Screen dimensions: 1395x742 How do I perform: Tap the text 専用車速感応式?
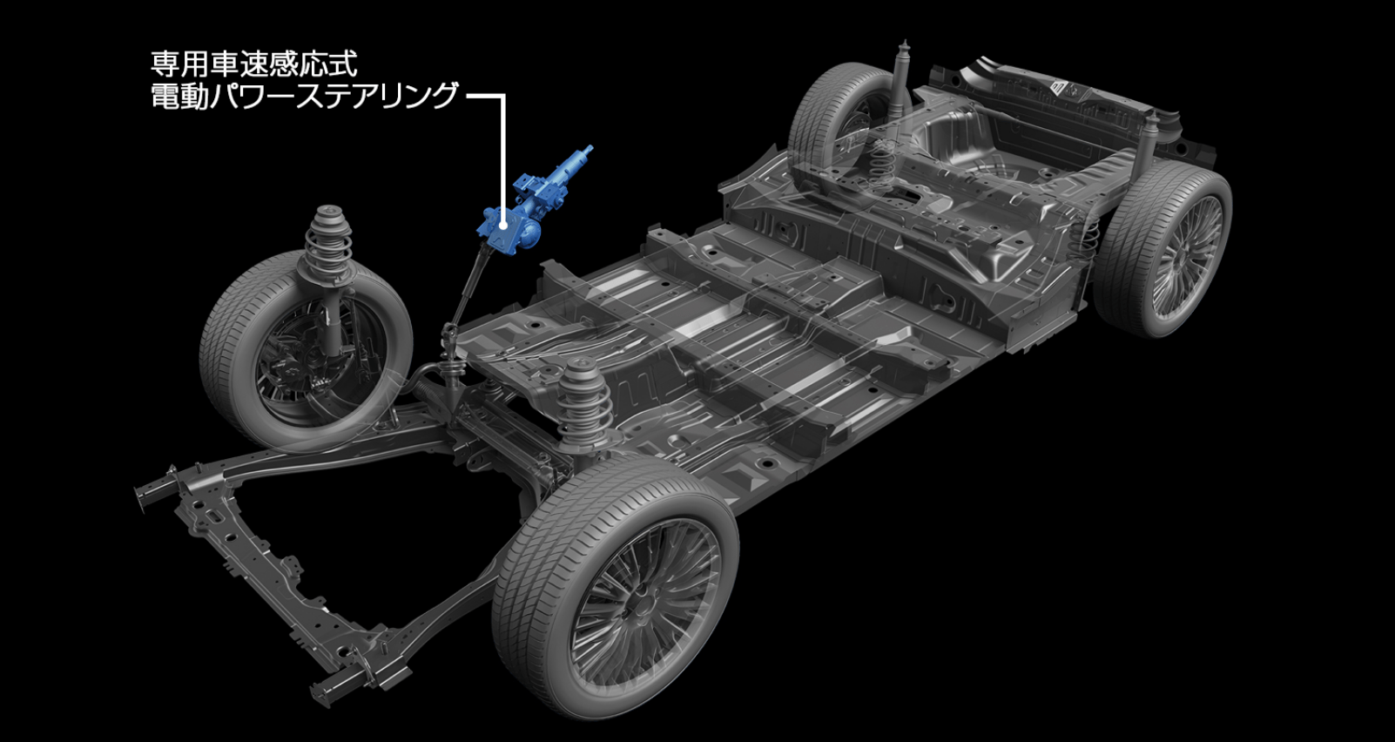click(x=255, y=64)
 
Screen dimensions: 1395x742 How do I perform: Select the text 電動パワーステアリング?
click(x=305, y=97)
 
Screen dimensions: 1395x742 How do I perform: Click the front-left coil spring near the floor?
click(x=583, y=401)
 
